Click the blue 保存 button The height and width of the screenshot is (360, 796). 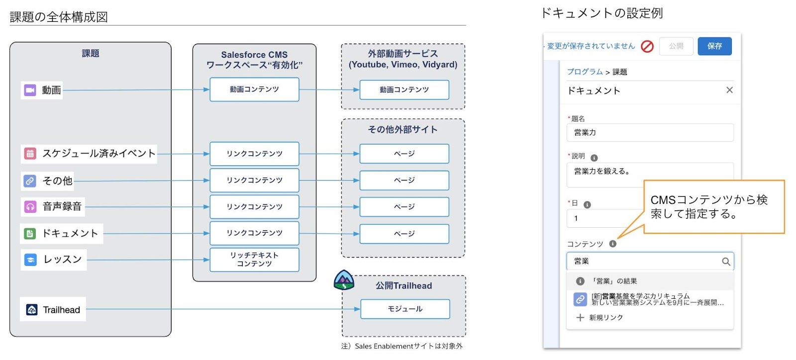pos(714,46)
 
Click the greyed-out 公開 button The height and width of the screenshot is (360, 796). pos(676,46)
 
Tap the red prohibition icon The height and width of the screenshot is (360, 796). pos(647,46)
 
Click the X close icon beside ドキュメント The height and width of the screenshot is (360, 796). pos(729,90)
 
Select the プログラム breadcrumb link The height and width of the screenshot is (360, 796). pos(585,72)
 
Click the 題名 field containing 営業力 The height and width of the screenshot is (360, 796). pos(650,133)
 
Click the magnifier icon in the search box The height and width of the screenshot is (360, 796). pos(726,262)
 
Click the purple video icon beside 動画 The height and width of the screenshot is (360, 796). pos(30,90)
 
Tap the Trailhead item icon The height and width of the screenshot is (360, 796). pos(31,310)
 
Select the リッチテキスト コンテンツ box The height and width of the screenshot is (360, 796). pos(254,260)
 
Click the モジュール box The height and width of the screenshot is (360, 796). pos(405,309)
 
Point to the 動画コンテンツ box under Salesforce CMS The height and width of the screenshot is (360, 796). pos(254,90)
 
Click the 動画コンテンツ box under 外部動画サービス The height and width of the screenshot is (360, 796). pos(404,90)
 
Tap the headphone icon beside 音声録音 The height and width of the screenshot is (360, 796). pos(30,206)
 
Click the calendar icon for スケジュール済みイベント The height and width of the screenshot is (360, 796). pos(30,154)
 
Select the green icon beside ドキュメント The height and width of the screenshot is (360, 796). pos(30,234)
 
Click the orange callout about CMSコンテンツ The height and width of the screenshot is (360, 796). pos(713,207)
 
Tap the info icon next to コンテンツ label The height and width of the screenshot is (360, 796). pos(612,244)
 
